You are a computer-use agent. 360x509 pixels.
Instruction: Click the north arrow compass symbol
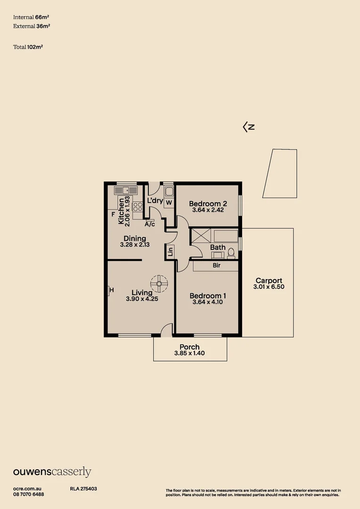pos(248,127)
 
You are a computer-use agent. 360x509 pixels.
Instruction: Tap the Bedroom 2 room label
pos(208,204)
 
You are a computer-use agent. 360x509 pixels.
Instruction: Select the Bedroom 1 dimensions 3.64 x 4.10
pos(208,302)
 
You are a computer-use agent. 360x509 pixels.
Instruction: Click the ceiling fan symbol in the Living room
pos(159,283)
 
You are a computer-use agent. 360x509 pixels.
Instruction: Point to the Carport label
pos(269,280)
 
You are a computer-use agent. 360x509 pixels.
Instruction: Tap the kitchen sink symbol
pos(125,190)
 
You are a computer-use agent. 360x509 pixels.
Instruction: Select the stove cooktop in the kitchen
pos(138,206)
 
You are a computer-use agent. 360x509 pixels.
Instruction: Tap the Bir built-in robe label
pos(216,266)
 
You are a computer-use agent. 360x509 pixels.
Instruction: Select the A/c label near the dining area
pos(150,224)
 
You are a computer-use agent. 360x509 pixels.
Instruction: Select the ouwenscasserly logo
pos(52,472)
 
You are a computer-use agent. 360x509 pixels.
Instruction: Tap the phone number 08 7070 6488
pos(29,494)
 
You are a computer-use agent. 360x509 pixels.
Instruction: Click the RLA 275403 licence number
pos(83,489)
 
